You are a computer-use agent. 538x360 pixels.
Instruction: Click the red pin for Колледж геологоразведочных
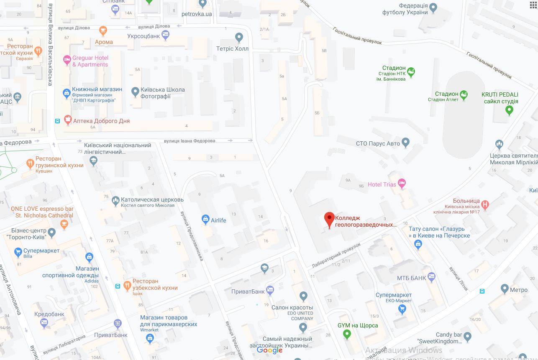click(329, 219)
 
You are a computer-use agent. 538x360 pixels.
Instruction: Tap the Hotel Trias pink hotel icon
click(402, 183)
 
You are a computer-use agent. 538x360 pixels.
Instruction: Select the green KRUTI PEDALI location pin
click(509, 110)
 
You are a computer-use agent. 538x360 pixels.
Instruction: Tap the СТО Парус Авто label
click(378, 143)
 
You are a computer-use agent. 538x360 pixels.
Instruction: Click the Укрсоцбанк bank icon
click(165, 35)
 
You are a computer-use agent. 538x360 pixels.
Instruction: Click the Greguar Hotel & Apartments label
click(90, 61)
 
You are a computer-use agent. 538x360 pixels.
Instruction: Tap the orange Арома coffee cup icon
click(103, 31)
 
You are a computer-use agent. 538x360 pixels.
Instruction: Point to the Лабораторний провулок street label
click(336, 255)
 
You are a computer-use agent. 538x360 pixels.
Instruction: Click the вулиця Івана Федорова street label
click(190, 141)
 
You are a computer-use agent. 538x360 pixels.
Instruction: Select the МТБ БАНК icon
click(432, 277)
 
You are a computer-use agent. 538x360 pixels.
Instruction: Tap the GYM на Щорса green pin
click(346, 334)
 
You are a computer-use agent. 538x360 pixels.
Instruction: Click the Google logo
click(270, 350)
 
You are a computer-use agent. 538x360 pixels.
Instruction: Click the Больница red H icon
click(484, 204)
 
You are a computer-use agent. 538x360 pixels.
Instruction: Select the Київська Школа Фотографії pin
click(135, 92)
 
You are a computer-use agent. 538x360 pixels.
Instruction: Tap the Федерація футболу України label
click(405, 9)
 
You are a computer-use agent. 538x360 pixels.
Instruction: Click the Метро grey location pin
click(505, 289)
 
